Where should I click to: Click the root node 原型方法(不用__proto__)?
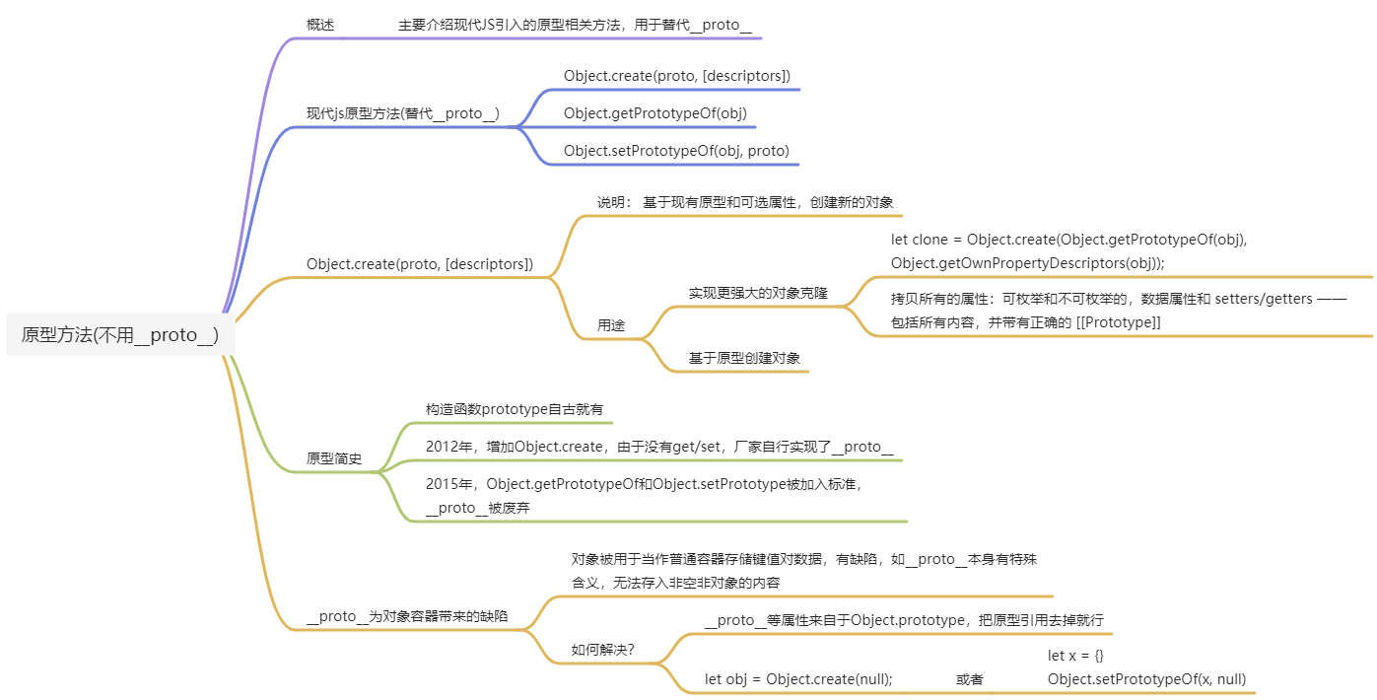[x=120, y=335]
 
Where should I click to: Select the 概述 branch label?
[x=320, y=26]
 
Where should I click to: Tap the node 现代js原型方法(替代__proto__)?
[x=403, y=113]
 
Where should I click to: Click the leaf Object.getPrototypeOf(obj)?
[x=655, y=113]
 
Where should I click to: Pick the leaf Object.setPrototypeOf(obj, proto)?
[x=676, y=151]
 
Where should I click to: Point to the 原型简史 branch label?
[x=334, y=459]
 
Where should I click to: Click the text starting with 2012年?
[x=659, y=447]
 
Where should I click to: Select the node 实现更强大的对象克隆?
[x=758, y=294]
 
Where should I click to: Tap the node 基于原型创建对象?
[x=744, y=358]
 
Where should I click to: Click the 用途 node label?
[x=610, y=325]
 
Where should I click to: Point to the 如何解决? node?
[x=602, y=650]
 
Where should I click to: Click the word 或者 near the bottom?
[x=969, y=679]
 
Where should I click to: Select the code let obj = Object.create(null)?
[x=798, y=679]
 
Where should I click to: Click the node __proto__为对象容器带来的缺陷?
[x=407, y=616]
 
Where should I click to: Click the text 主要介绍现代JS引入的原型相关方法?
[x=575, y=26]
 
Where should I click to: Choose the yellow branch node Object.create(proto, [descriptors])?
[x=420, y=264]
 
